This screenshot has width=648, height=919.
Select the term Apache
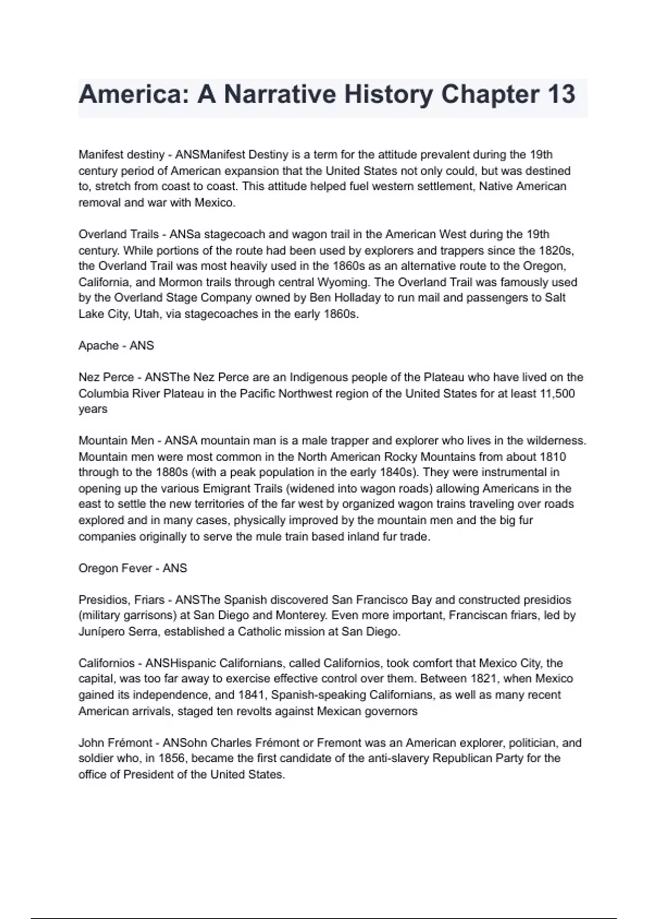pos(98,345)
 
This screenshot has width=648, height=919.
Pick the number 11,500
pos(557,394)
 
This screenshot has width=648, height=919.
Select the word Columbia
pos(104,394)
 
